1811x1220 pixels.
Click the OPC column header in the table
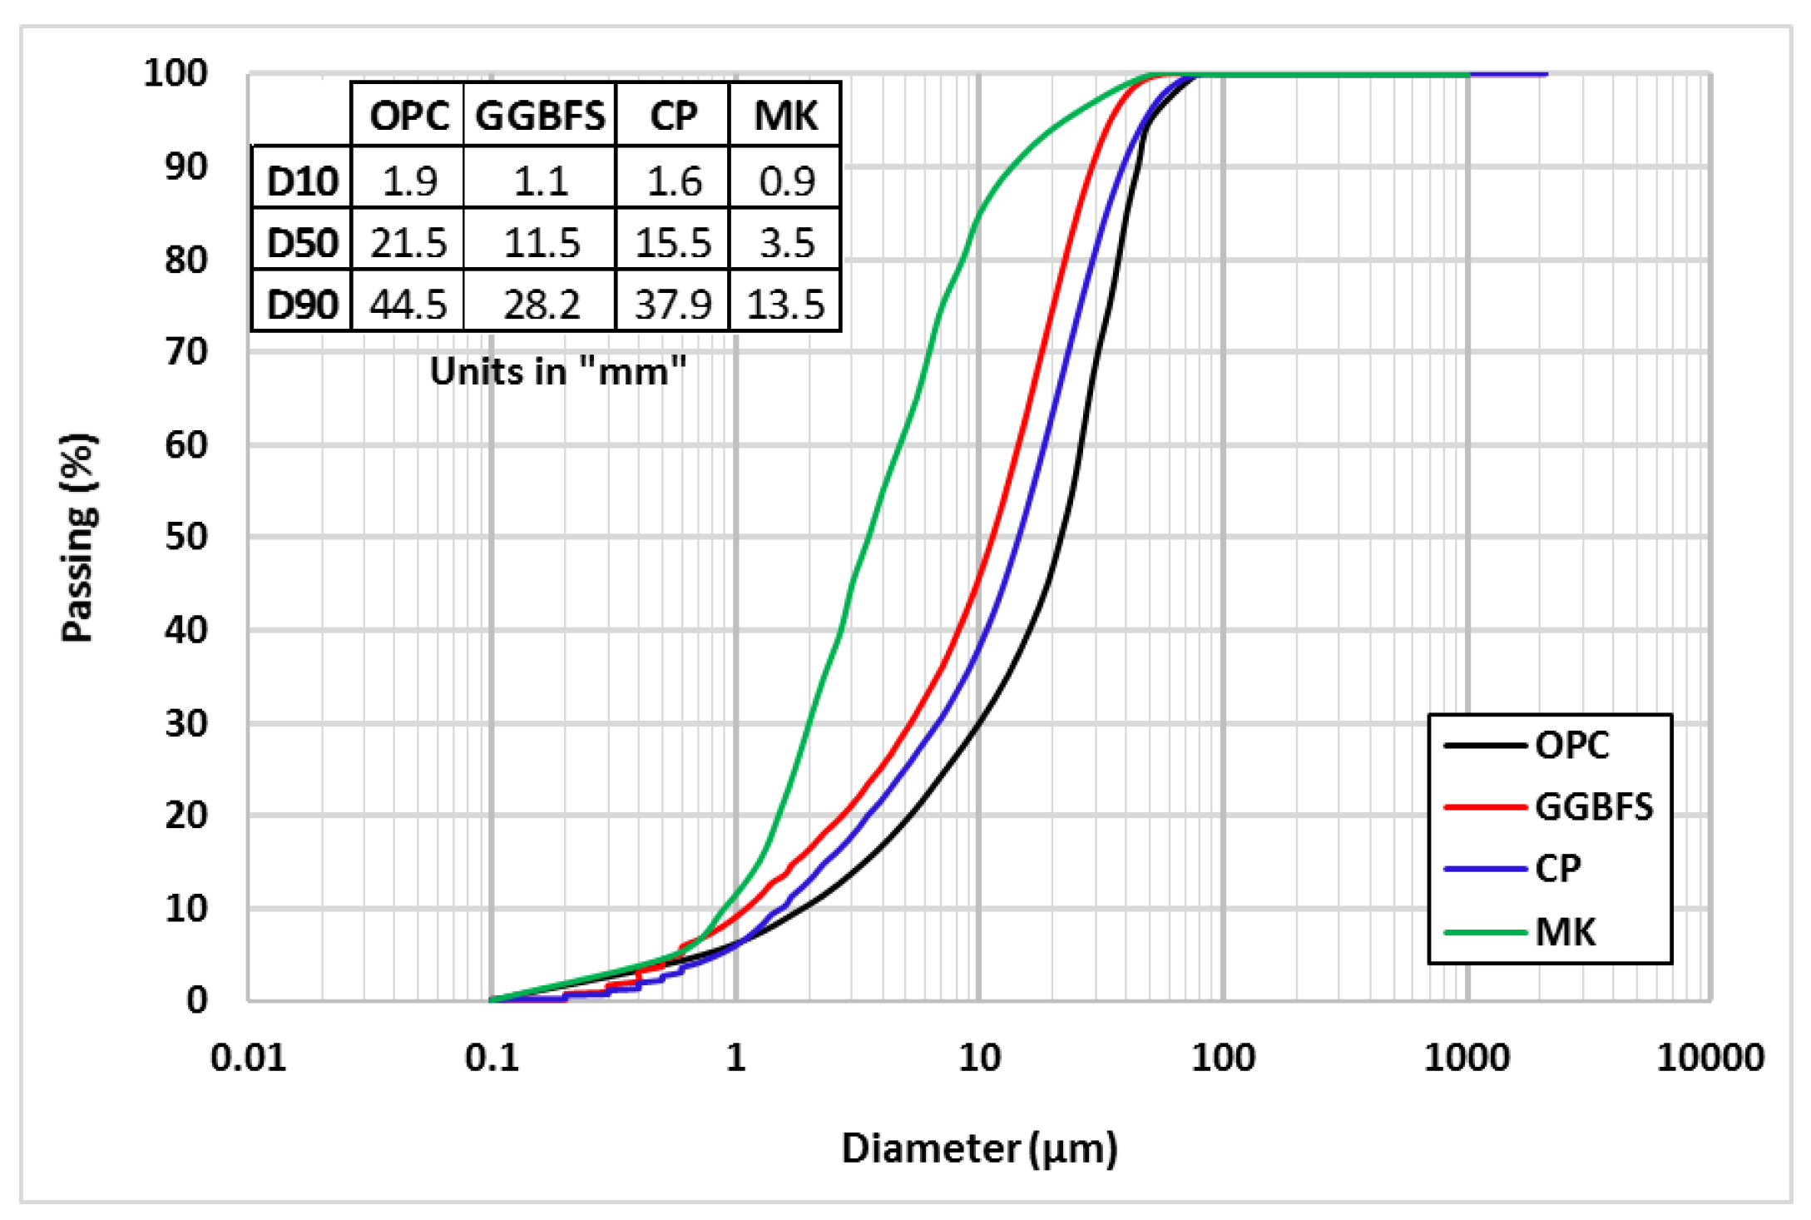click(x=408, y=115)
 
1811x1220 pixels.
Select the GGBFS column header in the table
click(x=540, y=115)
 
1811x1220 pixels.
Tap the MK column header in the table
click(x=785, y=115)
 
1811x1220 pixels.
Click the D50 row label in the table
click(x=302, y=243)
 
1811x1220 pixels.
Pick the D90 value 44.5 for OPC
click(x=408, y=305)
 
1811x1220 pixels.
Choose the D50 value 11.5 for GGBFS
click(x=542, y=243)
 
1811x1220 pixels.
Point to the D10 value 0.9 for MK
click(x=787, y=181)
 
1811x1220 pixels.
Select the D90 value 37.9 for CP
click(x=673, y=305)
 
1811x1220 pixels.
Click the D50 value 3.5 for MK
click(x=787, y=243)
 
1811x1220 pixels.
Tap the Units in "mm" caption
click(x=557, y=371)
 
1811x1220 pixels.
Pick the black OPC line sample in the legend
click(x=1486, y=745)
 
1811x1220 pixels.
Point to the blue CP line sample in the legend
click(x=1486, y=869)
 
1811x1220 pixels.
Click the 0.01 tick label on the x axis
click(x=248, y=1058)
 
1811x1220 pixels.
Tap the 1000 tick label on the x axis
click(x=1467, y=1058)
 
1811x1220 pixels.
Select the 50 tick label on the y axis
click(x=186, y=537)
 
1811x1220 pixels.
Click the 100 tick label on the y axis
click(x=176, y=73)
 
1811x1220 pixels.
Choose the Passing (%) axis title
click(x=79, y=538)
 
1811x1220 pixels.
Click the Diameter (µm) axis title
click(x=979, y=1148)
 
